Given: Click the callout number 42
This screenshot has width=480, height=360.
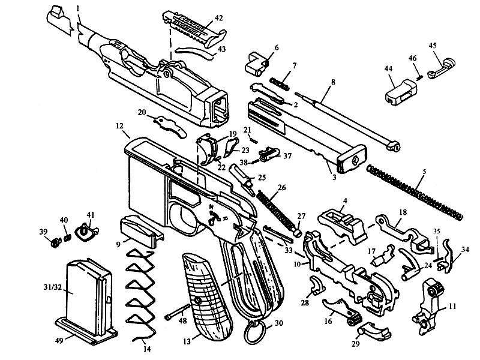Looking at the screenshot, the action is tap(218, 18).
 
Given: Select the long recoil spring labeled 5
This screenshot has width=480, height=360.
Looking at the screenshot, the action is tap(415, 192).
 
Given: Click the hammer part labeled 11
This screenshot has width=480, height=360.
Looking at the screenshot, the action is tap(431, 306).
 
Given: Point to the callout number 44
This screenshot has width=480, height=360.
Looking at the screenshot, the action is tap(388, 68).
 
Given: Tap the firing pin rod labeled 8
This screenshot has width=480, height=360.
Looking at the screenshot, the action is tap(347, 121).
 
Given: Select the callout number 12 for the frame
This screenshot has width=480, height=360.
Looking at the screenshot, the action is tap(119, 125).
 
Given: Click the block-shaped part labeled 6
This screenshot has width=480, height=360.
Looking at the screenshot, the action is tap(257, 64).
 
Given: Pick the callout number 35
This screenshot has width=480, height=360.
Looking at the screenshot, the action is tap(437, 232).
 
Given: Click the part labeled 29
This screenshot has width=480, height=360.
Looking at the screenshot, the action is tap(374, 332).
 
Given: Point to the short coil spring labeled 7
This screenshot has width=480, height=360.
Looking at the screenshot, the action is tap(279, 83).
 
